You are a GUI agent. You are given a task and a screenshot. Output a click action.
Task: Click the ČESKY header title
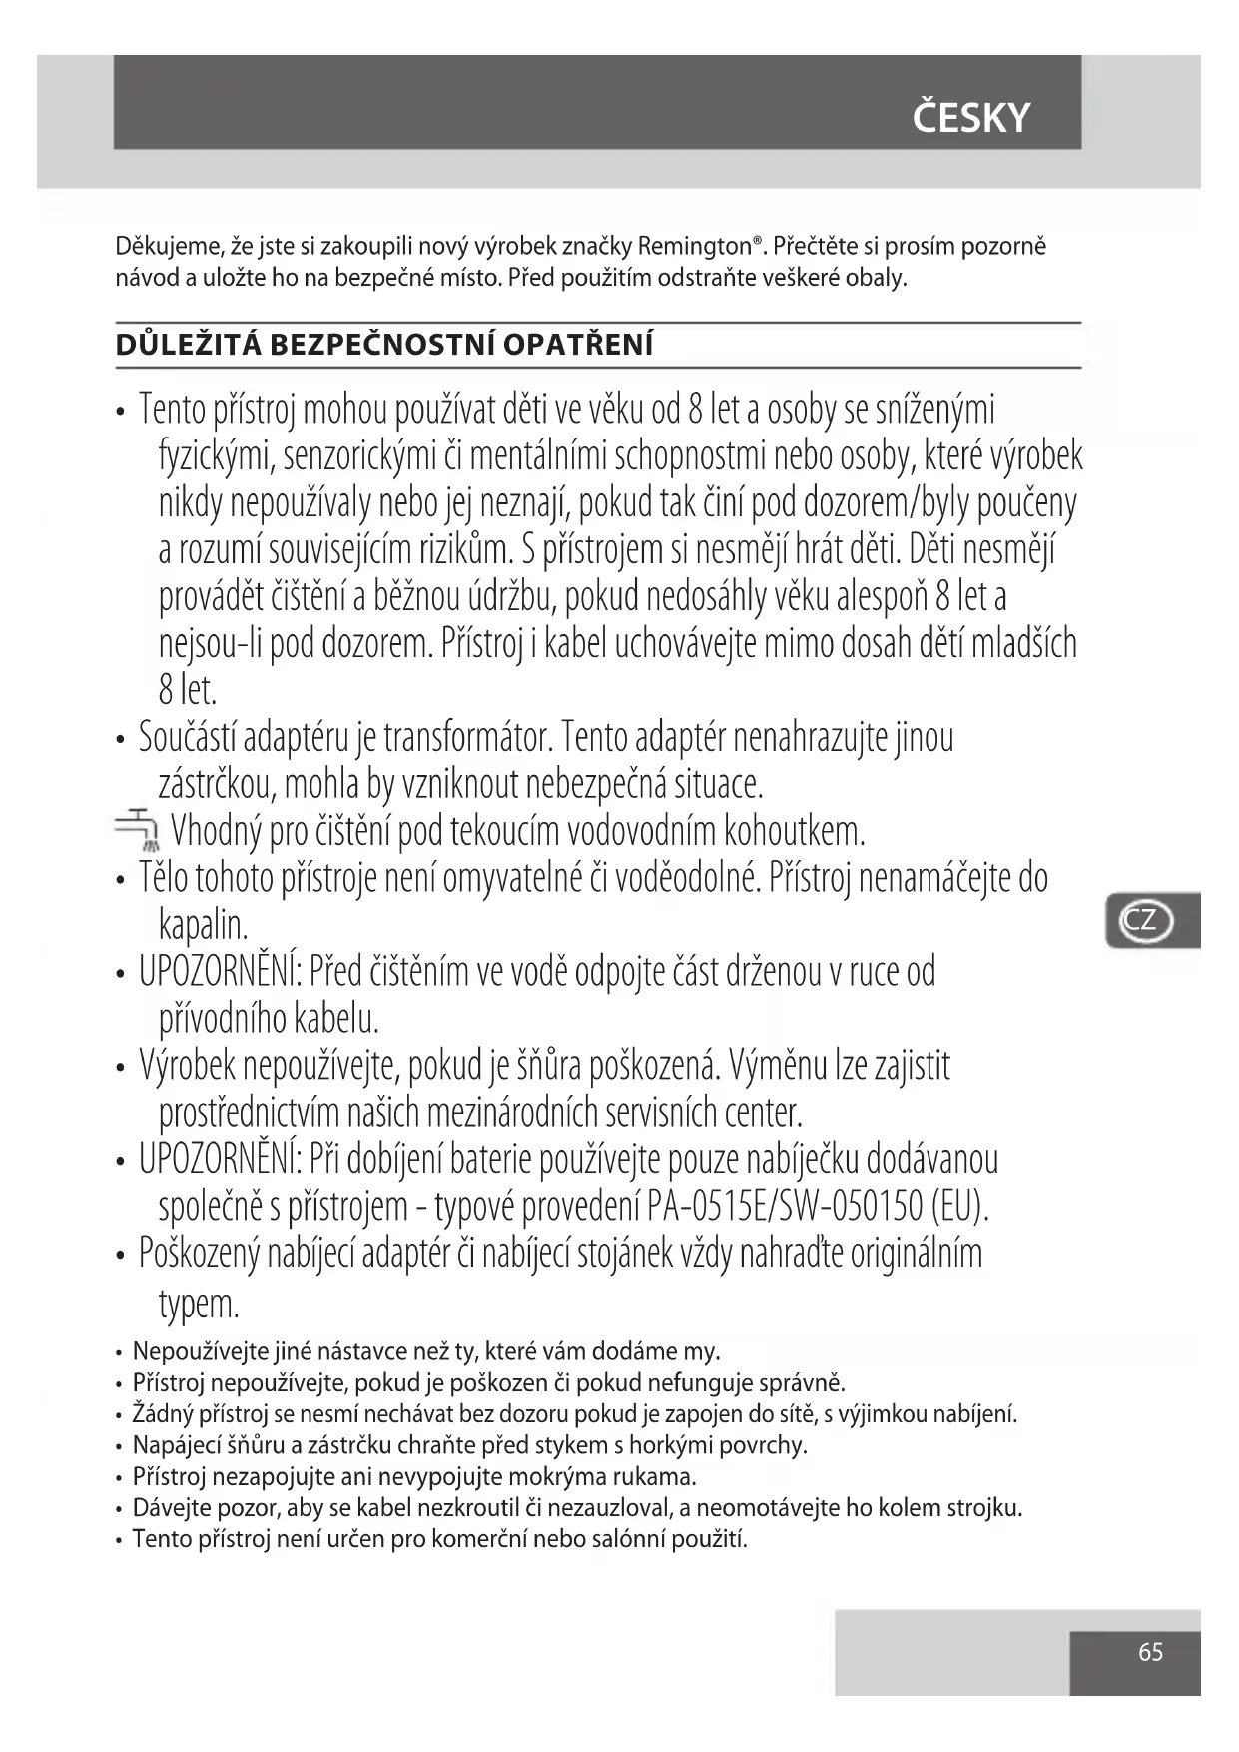(x=970, y=118)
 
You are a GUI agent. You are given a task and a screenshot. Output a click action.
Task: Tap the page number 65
(x=1150, y=1652)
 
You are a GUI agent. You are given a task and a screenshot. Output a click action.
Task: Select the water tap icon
(x=138, y=828)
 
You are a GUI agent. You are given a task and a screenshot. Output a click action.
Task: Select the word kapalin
(x=203, y=925)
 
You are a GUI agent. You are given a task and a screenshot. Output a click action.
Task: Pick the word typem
(x=199, y=1304)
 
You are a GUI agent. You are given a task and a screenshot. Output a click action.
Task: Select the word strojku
(x=982, y=1507)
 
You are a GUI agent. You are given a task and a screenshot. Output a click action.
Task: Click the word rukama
(x=655, y=1476)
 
